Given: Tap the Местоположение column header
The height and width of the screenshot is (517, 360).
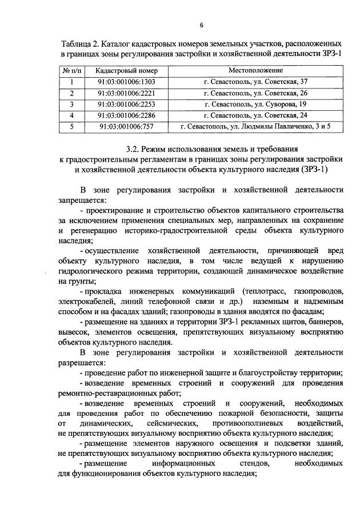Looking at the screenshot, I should [x=255, y=70].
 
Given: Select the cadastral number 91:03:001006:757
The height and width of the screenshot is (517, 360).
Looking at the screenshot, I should [x=126, y=127].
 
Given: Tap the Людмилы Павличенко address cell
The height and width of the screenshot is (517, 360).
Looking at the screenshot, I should [x=255, y=127].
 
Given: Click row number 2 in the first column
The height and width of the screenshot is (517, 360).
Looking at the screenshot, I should [x=72, y=93].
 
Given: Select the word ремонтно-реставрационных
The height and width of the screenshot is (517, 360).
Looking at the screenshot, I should [x=109, y=393].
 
